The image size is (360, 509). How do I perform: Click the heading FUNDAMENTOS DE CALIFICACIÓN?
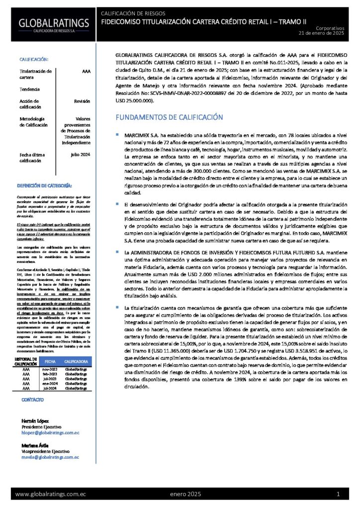click(169, 117)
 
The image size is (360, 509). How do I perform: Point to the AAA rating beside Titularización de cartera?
click(86, 72)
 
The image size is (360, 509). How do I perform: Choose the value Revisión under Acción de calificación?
click(82, 101)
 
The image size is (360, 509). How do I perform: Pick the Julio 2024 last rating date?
click(81, 155)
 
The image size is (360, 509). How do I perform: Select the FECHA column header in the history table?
click(50, 362)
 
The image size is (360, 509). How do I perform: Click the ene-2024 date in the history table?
click(50, 384)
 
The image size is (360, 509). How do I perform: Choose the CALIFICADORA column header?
click(77, 362)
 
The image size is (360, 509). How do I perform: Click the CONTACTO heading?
click(32, 400)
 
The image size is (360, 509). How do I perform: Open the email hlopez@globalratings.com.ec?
click(51, 433)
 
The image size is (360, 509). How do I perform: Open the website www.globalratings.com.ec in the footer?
click(51, 494)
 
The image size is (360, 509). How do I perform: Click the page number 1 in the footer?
click(338, 494)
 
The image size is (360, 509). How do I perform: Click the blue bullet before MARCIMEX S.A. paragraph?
click(117, 135)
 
